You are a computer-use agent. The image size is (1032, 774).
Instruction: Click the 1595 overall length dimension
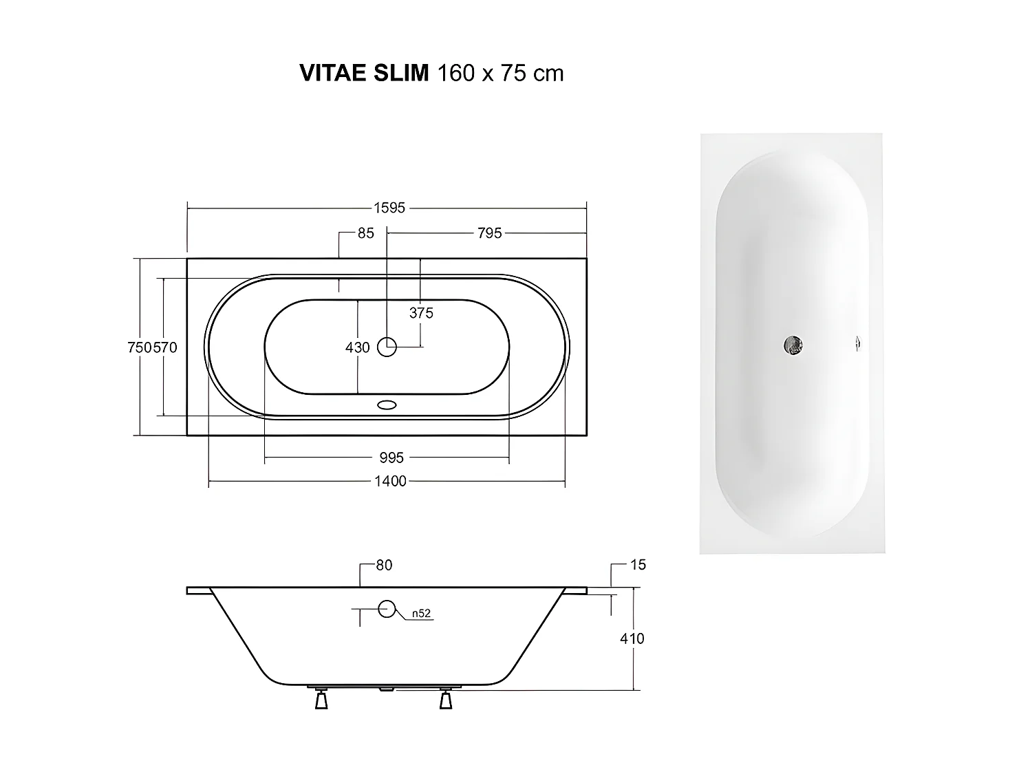point(389,208)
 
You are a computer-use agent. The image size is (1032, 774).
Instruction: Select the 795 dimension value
point(489,233)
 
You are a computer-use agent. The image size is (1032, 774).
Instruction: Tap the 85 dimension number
point(365,233)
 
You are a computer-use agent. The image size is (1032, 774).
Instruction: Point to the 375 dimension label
point(421,313)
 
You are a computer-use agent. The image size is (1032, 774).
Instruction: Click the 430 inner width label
point(357,347)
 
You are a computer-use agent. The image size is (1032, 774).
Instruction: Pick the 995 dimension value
point(391,458)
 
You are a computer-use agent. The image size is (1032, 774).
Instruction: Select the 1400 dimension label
point(390,481)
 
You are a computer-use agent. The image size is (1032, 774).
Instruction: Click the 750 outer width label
point(140,347)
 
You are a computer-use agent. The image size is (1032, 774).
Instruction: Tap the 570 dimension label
point(165,347)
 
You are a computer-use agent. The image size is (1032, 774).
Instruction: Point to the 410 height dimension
point(632,638)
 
